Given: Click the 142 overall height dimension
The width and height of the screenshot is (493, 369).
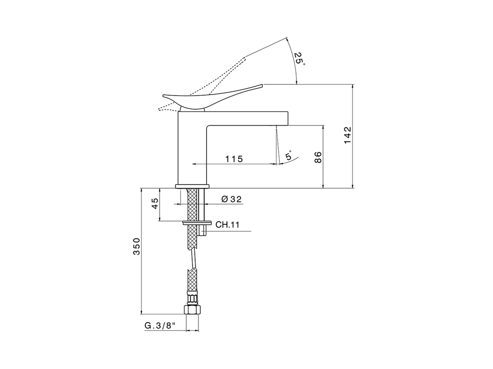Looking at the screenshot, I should click(348, 135).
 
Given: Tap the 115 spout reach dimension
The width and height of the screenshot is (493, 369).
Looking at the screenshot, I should click(234, 159).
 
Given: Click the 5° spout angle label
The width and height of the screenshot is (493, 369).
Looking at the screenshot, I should click(288, 156).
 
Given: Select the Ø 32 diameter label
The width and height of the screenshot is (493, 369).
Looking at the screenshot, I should click(231, 199).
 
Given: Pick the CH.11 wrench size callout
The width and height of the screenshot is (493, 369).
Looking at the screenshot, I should click(227, 225).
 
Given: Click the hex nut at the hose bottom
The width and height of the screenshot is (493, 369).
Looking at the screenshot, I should click(192, 310).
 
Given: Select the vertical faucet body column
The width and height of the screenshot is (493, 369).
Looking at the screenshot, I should click(191, 150).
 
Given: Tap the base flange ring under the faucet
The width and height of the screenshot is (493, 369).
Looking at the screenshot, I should click(192, 186).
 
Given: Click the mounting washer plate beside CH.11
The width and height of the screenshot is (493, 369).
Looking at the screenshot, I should click(197, 222).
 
